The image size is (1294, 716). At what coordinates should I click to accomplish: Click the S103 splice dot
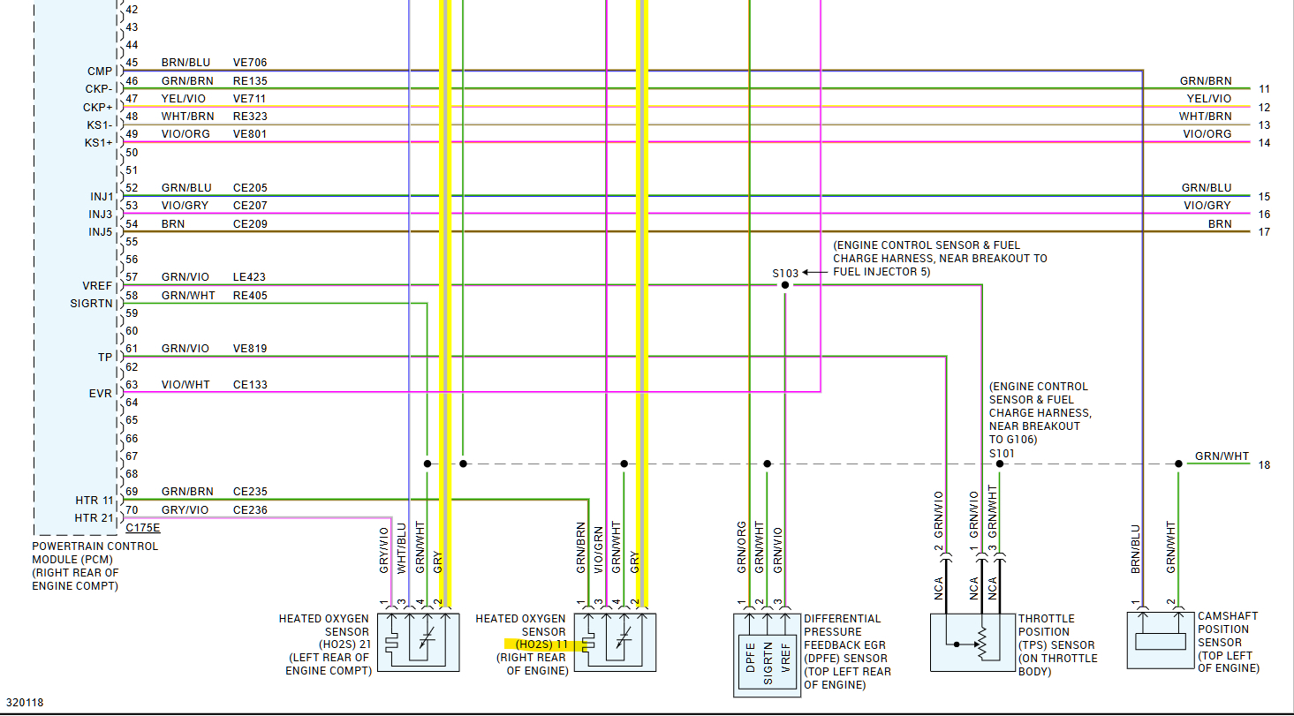784,285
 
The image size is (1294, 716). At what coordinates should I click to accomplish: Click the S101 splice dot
1000,464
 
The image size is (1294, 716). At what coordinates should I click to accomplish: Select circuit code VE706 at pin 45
250,63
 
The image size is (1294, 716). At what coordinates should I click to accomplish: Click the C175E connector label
143,528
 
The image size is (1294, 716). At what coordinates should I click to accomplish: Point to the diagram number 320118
25,703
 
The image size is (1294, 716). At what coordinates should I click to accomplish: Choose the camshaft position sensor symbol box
1160,639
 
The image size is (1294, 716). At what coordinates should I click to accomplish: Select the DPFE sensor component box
767,653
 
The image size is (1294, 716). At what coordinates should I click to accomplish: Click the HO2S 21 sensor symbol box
418,642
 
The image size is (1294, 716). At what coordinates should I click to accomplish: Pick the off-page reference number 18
1265,465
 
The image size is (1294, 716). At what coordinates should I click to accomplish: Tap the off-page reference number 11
1265,89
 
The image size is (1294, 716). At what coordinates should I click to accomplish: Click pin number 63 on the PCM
132,384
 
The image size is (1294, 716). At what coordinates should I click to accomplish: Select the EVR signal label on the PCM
101,394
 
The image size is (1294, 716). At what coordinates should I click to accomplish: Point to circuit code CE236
250,509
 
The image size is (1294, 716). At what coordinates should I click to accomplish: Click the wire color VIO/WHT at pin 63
185,385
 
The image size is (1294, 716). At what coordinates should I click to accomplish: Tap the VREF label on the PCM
97,286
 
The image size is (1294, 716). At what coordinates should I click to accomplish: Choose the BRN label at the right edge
1220,224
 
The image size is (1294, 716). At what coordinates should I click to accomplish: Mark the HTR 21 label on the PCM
95,518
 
